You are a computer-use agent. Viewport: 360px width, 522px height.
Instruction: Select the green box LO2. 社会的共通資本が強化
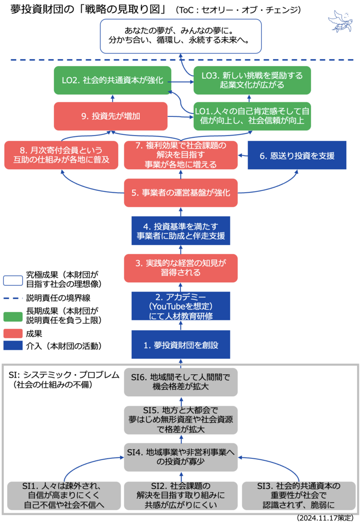click(x=112, y=80)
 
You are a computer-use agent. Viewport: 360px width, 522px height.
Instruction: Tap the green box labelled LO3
click(x=252, y=80)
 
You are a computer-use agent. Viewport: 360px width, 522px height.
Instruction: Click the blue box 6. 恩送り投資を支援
click(x=297, y=156)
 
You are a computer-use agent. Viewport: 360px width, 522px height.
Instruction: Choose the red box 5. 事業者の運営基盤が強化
click(x=180, y=192)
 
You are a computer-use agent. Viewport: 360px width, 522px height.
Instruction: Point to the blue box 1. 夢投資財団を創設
click(x=180, y=344)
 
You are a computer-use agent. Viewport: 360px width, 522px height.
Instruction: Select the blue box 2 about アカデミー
click(x=180, y=306)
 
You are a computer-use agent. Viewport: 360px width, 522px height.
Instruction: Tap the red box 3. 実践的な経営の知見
click(x=180, y=268)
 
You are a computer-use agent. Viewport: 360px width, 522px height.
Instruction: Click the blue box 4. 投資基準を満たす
click(x=180, y=230)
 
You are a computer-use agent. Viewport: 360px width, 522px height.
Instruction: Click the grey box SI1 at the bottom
click(x=64, y=495)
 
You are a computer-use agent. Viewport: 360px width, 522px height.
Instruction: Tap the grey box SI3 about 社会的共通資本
click(x=298, y=495)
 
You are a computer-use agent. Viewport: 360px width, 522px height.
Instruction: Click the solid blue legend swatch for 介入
click(x=13, y=346)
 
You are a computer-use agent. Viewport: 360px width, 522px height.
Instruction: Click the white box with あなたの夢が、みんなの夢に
click(x=180, y=36)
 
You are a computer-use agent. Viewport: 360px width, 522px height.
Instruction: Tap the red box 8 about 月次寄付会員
click(x=61, y=155)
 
